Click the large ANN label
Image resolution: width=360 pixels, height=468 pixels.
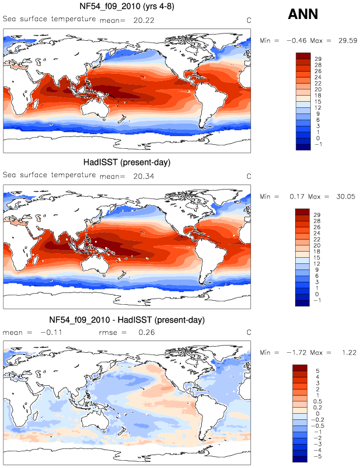[303, 14]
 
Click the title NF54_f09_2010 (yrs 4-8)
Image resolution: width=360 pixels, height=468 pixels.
[127, 6]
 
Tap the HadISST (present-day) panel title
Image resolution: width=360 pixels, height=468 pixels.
[127, 162]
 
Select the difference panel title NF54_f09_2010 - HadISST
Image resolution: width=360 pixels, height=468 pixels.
[127, 320]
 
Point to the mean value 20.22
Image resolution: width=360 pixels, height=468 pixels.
[144, 20]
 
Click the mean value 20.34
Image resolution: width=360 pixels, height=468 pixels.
[144, 176]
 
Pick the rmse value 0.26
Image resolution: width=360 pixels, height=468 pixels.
[146, 332]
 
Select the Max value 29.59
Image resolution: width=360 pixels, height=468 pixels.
[348, 41]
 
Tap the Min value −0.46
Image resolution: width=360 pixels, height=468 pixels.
[296, 41]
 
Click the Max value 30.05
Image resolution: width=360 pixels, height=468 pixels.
[345, 197]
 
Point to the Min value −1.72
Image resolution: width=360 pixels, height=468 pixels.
[296, 352]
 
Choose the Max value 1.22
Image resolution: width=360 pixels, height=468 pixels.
[349, 352]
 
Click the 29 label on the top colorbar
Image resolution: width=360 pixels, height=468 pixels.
[318, 59]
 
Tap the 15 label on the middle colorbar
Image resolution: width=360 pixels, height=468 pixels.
[317, 258]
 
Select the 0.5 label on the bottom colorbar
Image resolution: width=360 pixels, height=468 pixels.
[318, 401]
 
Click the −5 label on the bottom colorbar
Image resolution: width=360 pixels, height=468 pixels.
[318, 456]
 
